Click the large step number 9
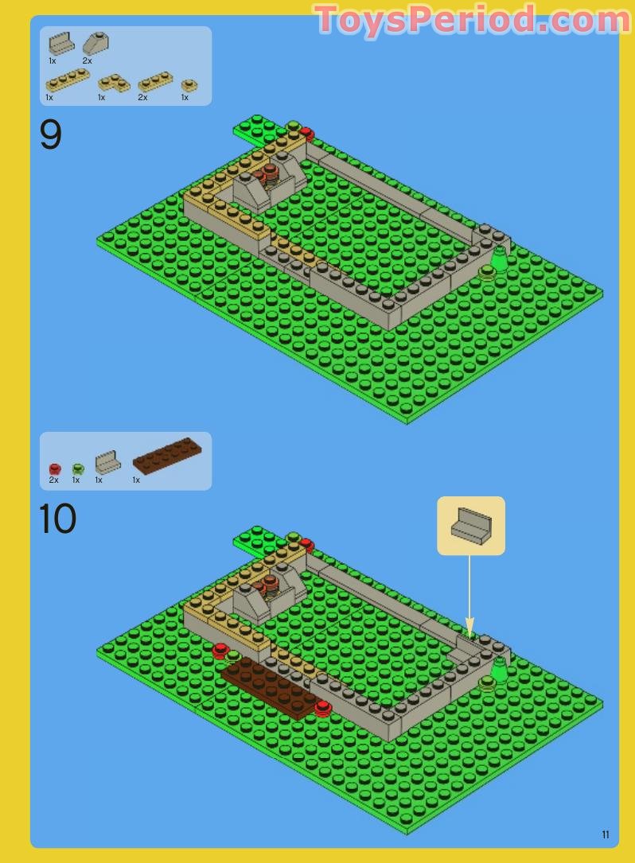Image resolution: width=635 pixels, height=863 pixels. (x=50, y=136)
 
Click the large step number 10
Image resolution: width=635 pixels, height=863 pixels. (x=57, y=519)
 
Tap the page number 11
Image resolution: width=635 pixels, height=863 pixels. (x=606, y=834)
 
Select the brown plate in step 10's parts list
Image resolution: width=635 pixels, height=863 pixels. (x=167, y=456)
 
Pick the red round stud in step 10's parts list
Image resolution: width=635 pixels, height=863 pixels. (x=54, y=469)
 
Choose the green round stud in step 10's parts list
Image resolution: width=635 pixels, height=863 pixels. (x=77, y=469)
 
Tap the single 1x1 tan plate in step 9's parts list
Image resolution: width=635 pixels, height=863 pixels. (x=189, y=85)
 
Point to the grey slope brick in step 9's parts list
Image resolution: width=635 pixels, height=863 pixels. (x=95, y=43)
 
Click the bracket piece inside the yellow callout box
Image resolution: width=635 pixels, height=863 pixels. (x=470, y=527)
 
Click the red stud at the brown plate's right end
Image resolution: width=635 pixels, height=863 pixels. (x=322, y=707)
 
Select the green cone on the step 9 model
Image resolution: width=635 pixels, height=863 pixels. (x=499, y=259)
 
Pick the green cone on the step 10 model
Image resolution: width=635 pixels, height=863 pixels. (x=499, y=669)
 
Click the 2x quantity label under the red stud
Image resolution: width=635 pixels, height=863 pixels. (x=53, y=480)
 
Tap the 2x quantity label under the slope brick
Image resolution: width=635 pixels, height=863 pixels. (x=87, y=60)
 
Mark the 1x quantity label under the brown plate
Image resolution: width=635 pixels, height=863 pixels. (x=136, y=480)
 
